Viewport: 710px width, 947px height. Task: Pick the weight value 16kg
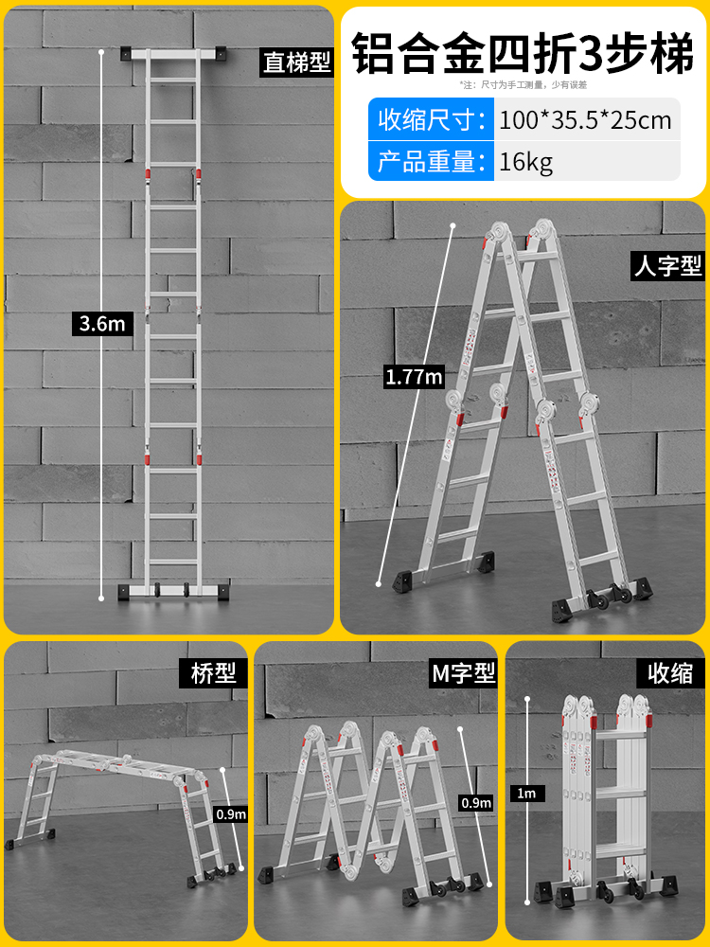(526, 161)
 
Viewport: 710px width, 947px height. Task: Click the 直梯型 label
(296, 63)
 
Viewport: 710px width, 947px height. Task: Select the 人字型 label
(667, 266)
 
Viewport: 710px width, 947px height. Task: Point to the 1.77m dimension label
(414, 377)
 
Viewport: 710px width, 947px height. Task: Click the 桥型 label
(212, 673)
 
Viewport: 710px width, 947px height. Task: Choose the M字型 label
(464, 673)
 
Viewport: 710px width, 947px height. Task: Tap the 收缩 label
(670, 673)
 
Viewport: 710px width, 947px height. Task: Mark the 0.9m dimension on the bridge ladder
(231, 813)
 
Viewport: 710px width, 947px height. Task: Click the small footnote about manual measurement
(524, 85)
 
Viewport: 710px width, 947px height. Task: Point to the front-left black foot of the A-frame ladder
(397, 579)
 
